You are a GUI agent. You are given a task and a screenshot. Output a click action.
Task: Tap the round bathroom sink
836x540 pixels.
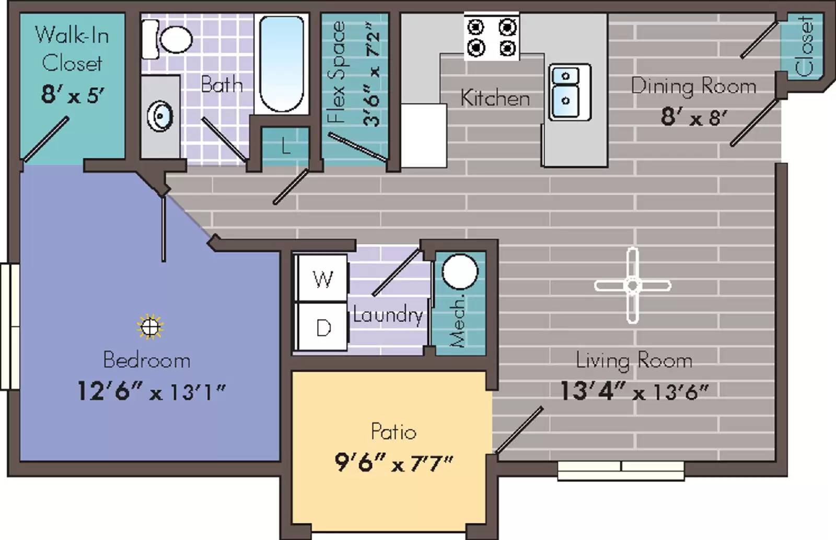(x=160, y=116)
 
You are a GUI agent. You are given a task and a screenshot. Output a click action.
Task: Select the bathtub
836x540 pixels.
(x=281, y=63)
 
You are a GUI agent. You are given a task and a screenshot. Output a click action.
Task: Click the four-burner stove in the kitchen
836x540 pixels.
(x=491, y=37)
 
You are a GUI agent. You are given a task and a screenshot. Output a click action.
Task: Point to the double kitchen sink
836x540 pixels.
(x=569, y=92)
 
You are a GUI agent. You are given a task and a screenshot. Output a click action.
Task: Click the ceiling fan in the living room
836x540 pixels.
(x=632, y=285)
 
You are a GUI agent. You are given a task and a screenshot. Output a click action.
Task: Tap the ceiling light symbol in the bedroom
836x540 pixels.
(x=150, y=327)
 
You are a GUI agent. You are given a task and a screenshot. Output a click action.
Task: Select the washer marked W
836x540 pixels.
(x=322, y=278)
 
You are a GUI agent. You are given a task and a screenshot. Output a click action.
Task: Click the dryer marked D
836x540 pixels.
(x=322, y=327)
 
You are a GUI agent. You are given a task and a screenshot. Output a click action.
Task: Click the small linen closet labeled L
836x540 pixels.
(x=285, y=146)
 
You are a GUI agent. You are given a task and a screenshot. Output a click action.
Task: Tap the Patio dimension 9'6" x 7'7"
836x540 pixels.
(x=393, y=462)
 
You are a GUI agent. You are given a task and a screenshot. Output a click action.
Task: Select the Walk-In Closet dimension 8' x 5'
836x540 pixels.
(x=72, y=95)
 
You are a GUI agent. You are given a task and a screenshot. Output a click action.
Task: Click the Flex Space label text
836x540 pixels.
(x=337, y=73)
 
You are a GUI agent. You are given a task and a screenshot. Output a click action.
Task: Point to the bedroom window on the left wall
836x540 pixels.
(x=9, y=326)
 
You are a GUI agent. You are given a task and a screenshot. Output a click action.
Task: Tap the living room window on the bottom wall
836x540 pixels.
(x=621, y=470)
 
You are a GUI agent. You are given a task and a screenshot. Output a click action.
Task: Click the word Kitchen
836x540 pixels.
(x=495, y=98)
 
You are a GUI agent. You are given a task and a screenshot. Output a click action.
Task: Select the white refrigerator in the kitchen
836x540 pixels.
(x=424, y=135)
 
